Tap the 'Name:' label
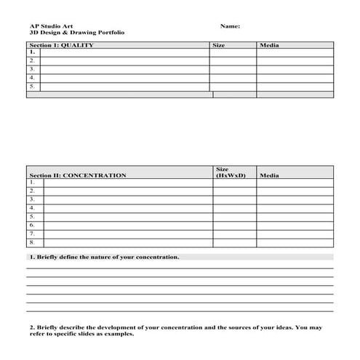230,26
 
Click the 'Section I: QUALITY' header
61,45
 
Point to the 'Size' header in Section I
218,45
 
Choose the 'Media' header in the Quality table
269,45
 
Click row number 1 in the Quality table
32,53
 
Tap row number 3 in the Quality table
32,70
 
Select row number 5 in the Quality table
32,87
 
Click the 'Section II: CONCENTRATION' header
77,175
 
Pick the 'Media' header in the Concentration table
269,175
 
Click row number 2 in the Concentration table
32,191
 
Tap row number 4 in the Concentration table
32,208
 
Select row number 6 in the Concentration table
32,225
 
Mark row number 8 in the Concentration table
32,242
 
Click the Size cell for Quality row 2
233,62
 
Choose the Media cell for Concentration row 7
295,234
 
